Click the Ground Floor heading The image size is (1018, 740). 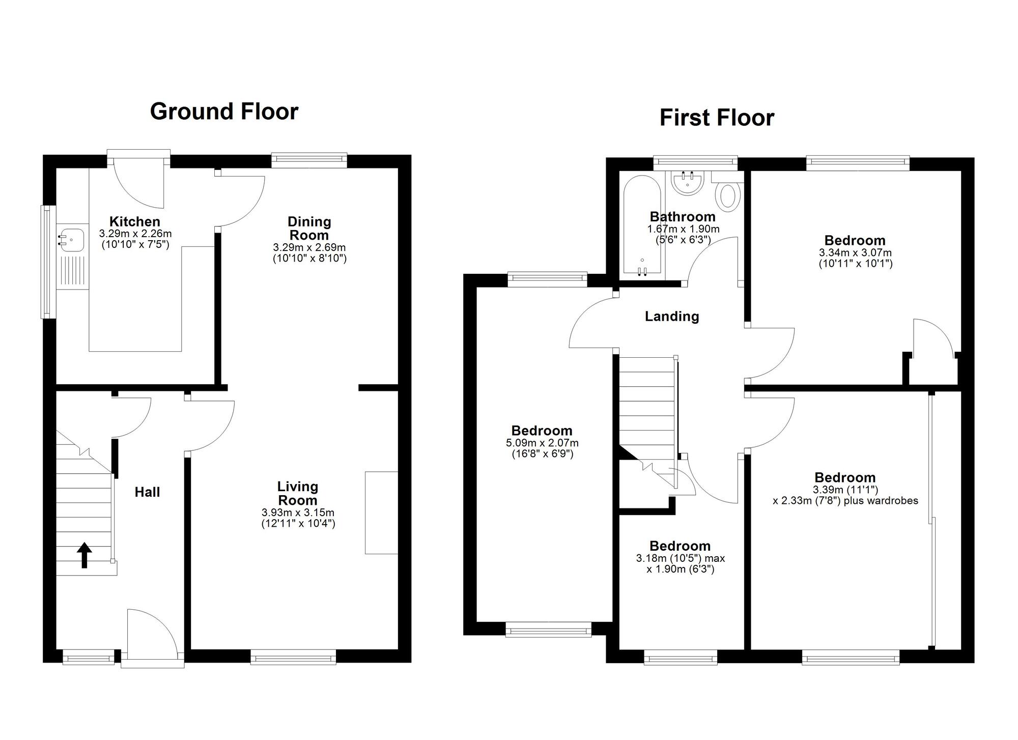click(224, 111)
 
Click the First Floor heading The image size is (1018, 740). click(717, 118)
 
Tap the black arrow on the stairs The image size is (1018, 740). click(84, 555)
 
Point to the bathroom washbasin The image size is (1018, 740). click(688, 183)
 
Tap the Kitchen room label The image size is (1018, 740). click(135, 221)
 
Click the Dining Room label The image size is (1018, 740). click(309, 228)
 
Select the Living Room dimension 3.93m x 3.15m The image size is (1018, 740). click(298, 513)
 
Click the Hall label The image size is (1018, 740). click(147, 492)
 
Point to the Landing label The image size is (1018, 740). click(672, 317)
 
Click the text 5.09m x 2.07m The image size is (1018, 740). click(542, 443)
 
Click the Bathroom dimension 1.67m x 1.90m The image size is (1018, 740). click(683, 229)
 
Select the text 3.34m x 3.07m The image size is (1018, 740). click(855, 252)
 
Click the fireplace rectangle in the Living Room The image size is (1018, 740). click(381, 512)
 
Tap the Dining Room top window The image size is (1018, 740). click(309, 160)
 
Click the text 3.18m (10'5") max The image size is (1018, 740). click(680, 558)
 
